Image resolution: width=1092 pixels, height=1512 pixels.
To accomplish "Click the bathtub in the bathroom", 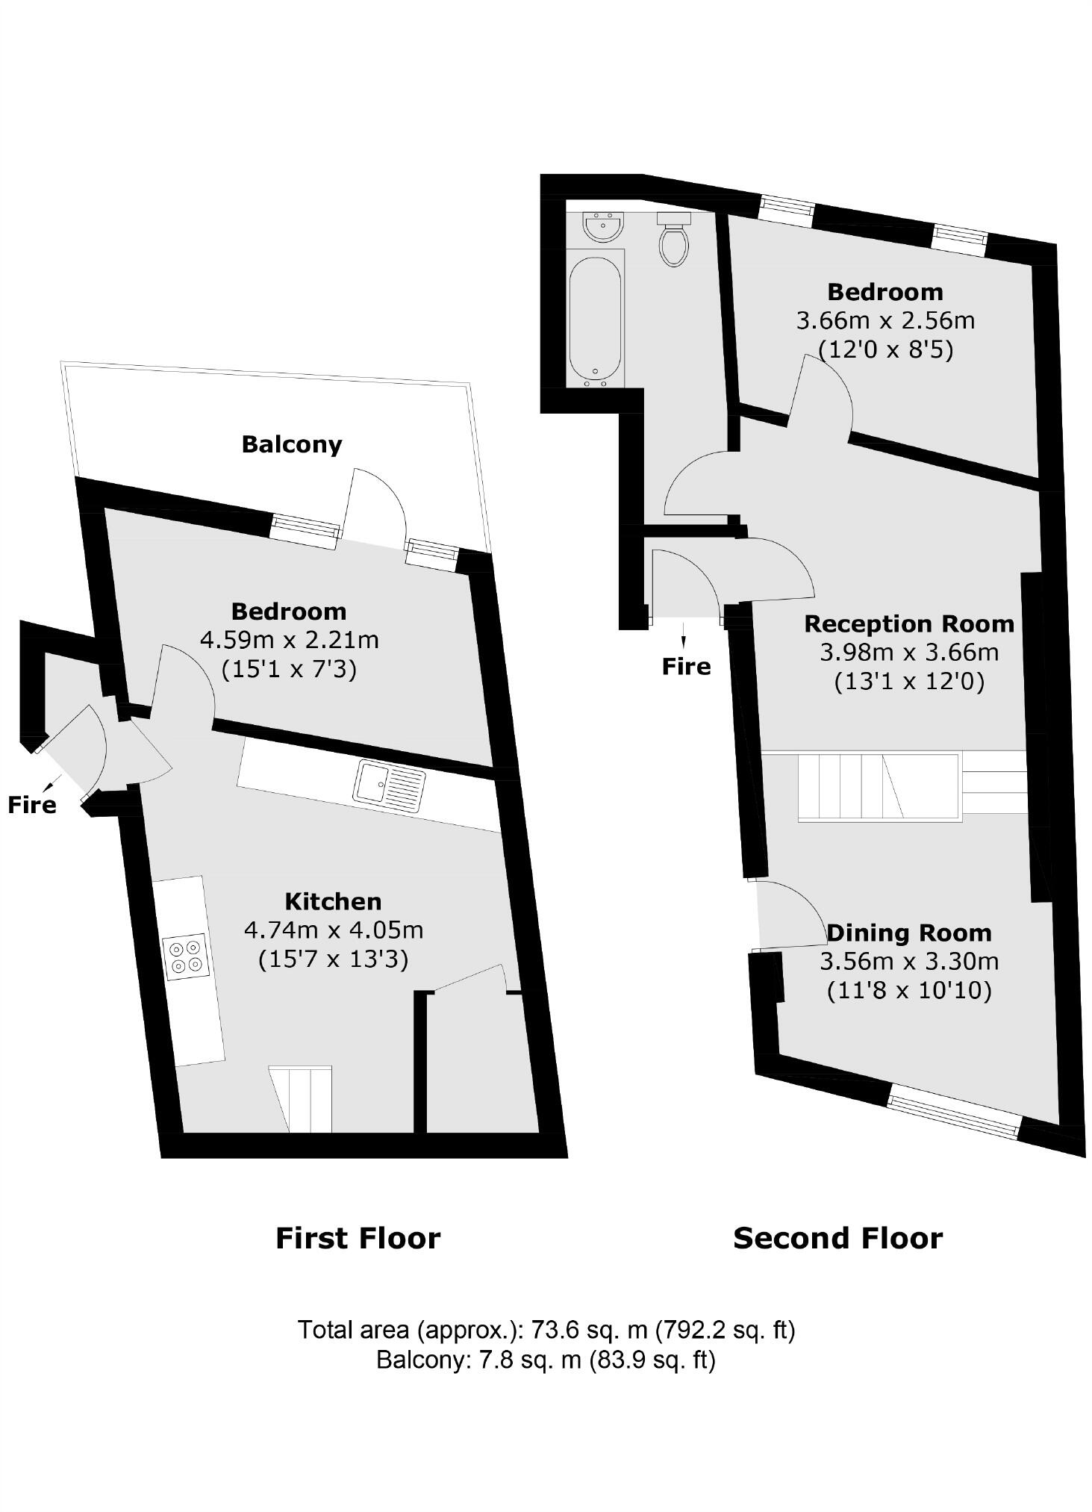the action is (x=595, y=322).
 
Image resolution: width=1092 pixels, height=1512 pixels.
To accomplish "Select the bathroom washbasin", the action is (x=602, y=227).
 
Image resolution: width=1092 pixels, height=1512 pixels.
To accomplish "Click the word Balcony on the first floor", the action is (x=292, y=444).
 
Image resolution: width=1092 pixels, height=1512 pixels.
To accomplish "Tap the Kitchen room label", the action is (x=334, y=901).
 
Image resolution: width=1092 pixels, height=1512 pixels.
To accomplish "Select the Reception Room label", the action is (x=909, y=623).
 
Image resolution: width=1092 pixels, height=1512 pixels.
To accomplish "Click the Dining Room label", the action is (x=909, y=933).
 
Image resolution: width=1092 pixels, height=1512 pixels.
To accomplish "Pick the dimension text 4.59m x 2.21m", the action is (x=290, y=640).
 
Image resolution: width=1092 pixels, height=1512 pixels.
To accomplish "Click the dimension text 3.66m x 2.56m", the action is (x=885, y=320).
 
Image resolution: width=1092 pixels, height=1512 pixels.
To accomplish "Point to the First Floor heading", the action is (x=358, y=1238).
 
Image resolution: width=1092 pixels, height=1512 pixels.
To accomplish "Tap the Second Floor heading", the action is (x=838, y=1238).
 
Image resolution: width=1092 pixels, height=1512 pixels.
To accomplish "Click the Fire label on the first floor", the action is (x=32, y=804).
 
